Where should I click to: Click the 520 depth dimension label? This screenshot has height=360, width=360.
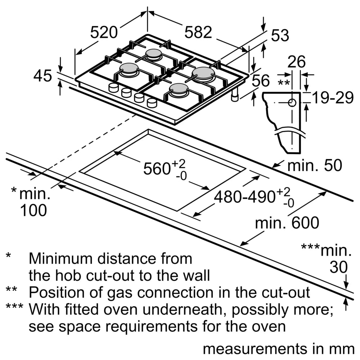[104, 33]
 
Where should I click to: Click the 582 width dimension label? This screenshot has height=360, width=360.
[198, 33]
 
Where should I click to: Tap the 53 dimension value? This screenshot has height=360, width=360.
[280, 36]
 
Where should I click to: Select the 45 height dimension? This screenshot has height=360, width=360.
[43, 76]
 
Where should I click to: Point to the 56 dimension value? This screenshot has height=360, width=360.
[260, 81]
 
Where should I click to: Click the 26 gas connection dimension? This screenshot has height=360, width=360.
[296, 62]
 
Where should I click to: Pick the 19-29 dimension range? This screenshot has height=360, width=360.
[332, 98]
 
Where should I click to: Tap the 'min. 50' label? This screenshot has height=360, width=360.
[314, 166]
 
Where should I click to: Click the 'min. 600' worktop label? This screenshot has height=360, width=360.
[287, 223]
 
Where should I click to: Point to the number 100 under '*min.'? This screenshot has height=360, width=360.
[33, 211]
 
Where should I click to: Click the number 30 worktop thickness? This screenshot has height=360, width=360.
[339, 267]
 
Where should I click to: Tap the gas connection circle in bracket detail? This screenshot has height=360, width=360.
[292, 103]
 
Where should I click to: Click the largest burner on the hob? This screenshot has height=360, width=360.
[203, 72]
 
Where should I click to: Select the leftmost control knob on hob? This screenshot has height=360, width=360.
[113, 87]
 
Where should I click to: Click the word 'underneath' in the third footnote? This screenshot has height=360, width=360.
[177, 310]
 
